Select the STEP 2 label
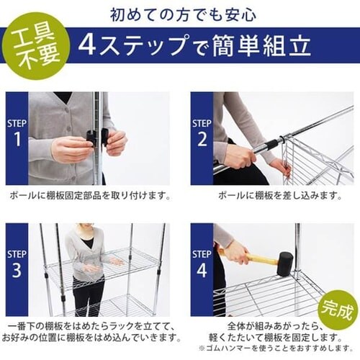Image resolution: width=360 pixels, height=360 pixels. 202,131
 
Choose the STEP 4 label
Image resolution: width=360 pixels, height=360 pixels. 202,262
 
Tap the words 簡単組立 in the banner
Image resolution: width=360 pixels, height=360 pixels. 270,46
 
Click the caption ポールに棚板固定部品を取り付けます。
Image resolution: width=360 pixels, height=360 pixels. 90,195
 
